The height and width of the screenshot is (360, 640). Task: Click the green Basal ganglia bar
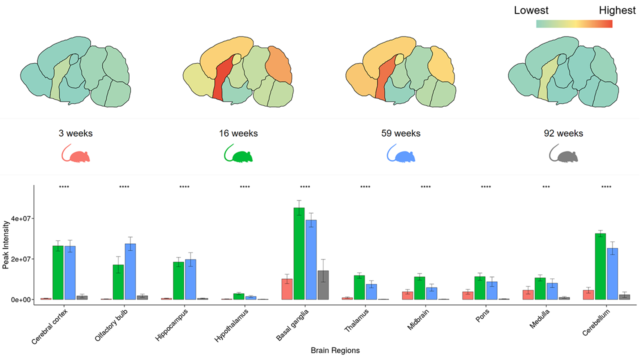tap(299, 253)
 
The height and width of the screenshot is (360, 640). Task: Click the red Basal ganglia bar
tap(287, 289)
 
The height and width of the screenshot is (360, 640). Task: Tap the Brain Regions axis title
tap(335, 350)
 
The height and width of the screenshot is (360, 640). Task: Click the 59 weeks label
tap(400, 133)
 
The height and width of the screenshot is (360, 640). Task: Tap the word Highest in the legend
tap(617, 10)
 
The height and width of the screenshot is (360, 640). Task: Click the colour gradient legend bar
tap(574, 23)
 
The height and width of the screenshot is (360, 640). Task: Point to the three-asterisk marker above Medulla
tap(546, 187)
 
